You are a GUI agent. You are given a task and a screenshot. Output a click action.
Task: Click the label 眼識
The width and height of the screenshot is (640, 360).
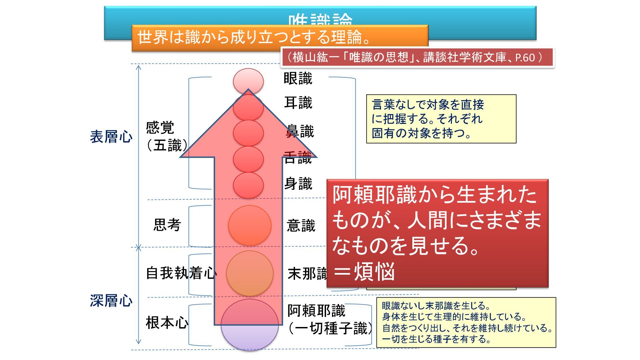298,79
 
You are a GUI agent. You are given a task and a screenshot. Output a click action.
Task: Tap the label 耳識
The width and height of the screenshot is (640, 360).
298,103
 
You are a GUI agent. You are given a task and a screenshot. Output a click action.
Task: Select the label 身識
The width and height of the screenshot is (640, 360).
298,184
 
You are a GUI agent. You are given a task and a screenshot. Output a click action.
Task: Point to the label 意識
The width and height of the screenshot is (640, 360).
301,226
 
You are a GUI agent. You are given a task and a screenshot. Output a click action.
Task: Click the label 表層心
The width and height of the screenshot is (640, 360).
111,137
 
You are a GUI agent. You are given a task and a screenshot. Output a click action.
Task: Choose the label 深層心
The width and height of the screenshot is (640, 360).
111,301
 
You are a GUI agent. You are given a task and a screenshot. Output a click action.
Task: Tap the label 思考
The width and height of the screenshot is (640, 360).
167,225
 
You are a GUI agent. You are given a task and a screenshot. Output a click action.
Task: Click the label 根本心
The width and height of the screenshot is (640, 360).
167,323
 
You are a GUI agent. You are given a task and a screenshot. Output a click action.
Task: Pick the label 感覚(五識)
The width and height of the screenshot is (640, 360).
166,137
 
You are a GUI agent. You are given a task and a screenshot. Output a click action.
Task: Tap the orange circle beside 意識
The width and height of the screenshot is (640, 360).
250,225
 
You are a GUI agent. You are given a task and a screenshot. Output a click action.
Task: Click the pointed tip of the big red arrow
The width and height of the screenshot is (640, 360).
248,91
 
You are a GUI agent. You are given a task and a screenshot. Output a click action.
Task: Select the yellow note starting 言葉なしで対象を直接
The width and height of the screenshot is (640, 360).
441,119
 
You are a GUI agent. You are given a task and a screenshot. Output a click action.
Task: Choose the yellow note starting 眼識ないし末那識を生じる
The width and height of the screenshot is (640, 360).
466,322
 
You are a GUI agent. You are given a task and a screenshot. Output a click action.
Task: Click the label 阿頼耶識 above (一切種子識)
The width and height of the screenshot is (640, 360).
316,311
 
